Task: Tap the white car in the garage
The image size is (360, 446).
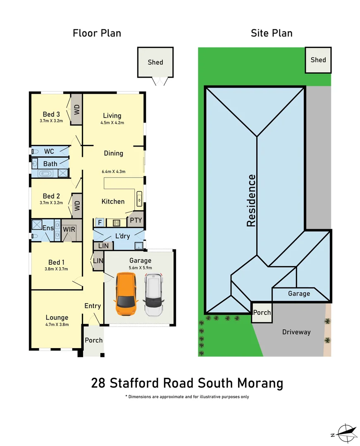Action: [x=153, y=295]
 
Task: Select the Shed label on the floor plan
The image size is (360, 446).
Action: [x=155, y=62]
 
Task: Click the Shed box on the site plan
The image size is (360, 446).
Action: [x=318, y=60]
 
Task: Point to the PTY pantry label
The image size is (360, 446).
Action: [x=136, y=220]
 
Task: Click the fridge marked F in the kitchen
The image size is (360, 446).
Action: [x=99, y=223]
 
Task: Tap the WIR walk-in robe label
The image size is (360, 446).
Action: [x=69, y=229]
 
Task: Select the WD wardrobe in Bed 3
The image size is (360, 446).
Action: [x=76, y=109]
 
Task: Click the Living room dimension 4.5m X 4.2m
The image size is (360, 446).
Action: [x=112, y=123]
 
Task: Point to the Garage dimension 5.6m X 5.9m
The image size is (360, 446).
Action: [x=141, y=268]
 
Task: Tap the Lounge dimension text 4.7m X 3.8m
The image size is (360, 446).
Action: [x=57, y=325]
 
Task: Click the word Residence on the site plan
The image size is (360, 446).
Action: [x=251, y=200]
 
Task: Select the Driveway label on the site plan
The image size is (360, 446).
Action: [x=296, y=332]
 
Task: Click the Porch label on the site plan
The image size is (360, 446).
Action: [x=262, y=312]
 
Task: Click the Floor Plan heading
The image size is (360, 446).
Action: [x=97, y=33]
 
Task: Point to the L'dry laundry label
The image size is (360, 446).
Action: [x=123, y=236]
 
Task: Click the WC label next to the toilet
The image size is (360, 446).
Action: [x=49, y=152]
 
